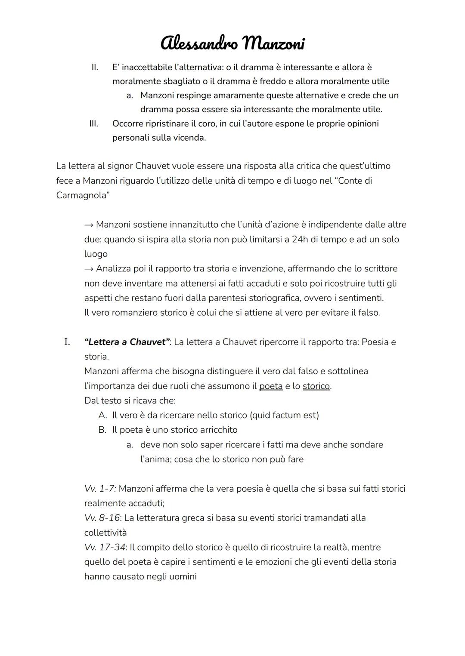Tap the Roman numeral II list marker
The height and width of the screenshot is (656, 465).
[x=94, y=68]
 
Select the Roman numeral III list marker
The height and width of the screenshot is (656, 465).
[x=93, y=124]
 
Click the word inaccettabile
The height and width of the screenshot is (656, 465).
[x=146, y=68]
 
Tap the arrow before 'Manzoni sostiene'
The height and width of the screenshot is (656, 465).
[x=89, y=225]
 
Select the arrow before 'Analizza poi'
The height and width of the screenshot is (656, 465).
[x=89, y=269]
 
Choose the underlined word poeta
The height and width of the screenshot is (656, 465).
[x=271, y=386]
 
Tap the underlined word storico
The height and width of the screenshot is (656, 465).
[x=316, y=386]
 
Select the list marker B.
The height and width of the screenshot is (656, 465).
[x=102, y=430]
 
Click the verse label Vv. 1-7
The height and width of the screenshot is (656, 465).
[x=100, y=489]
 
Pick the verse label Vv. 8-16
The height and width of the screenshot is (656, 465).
[x=102, y=518]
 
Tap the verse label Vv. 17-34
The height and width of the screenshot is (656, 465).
[x=105, y=548]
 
